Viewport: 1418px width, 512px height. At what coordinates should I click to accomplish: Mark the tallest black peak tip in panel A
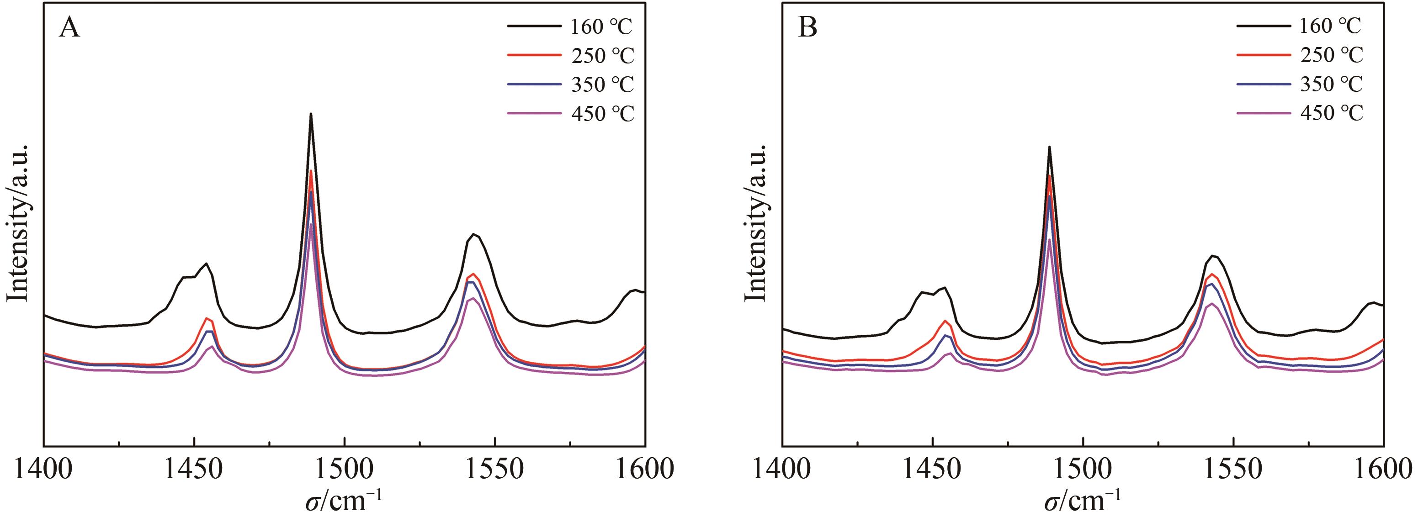point(311,114)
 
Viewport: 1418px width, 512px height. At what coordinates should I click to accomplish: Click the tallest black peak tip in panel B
point(1049,147)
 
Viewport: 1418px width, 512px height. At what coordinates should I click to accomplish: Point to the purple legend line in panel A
point(533,114)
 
